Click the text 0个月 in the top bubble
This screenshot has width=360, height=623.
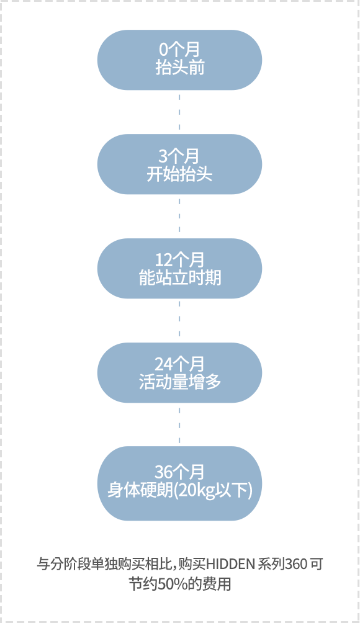179,50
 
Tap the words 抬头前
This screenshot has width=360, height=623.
179,68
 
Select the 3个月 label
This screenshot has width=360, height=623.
179,156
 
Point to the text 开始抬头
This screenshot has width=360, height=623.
179,174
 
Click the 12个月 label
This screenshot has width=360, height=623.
179,260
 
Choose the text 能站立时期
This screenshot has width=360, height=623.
179,278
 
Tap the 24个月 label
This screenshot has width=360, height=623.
179,364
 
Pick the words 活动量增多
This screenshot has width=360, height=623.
179,382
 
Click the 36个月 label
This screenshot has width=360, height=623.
179,472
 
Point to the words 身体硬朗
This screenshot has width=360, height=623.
140,490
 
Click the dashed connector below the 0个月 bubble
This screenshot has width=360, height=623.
179,112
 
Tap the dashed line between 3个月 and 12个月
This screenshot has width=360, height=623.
179,216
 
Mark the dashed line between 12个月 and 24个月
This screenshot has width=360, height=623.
179,320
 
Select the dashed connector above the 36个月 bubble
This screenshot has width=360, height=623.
179,424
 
